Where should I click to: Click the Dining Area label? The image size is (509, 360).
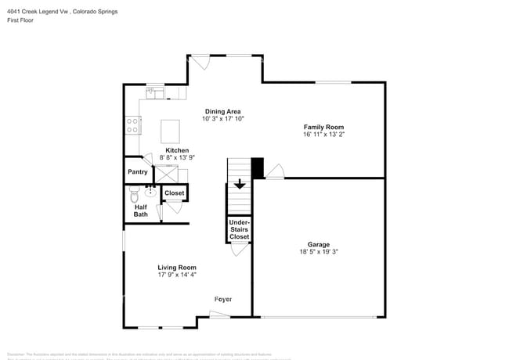pos(222,111)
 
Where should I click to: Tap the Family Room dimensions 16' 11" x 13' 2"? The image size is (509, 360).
pos(323,135)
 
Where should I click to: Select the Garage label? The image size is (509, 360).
pos(318,243)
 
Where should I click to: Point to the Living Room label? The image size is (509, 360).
pos(177,267)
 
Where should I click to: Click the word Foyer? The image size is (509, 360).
pos(223,299)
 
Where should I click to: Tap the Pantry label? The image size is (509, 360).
pos(138,171)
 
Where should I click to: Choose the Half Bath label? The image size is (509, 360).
pos(140,211)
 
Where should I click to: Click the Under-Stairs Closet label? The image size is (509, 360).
pos(239,229)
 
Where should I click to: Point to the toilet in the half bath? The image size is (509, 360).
pos(134,193)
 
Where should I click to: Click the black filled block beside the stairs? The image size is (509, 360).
pos(258,168)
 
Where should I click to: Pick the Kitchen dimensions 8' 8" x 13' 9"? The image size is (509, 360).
pos(176,157)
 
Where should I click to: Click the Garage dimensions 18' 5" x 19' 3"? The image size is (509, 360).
pos(318,251)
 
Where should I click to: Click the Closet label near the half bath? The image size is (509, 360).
pos(174,193)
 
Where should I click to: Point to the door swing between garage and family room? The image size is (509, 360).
pos(276,172)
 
